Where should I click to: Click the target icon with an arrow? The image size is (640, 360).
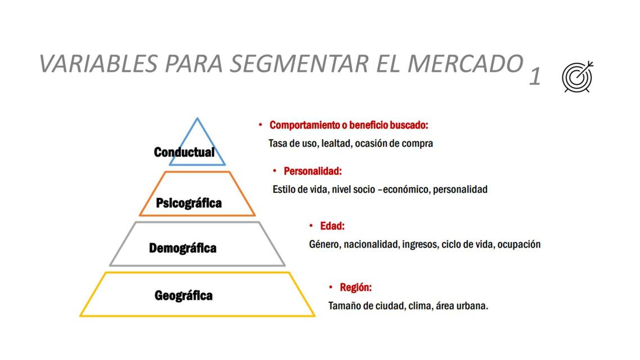click(578, 76)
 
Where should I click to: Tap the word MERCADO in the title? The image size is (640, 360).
click(465, 64)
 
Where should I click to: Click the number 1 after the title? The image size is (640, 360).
click(535, 77)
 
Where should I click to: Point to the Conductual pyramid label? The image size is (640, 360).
click(184, 152)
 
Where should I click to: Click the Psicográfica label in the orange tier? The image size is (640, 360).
click(188, 202)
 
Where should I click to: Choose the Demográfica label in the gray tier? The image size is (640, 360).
click(183, 247)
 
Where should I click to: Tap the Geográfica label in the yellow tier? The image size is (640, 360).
click(183, 295)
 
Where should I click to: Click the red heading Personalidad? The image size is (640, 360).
click(313, 170)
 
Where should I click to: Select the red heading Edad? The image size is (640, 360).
click(332, 226)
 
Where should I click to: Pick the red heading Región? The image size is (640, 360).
click(355, 287)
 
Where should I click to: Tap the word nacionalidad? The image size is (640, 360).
click(371, 244)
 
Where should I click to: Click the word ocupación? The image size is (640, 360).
click(519, 244)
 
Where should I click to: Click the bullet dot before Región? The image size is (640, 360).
click(331, 287)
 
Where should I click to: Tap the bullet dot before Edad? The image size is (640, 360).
click(311, 226)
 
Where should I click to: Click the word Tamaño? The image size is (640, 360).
click(345, 306)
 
